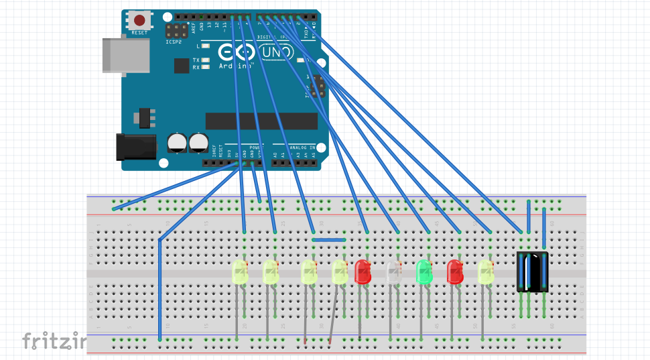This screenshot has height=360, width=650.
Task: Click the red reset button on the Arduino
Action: pos(139,21)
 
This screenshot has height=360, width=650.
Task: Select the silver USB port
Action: pos(126,55)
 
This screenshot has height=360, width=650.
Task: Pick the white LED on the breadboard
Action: pos(393,272)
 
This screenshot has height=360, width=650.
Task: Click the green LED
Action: pos(424,272)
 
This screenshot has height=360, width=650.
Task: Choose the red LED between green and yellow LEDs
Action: pos(455,272)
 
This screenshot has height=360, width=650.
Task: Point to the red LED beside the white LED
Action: pos(363,271)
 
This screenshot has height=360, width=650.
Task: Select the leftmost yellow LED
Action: pos(240,272)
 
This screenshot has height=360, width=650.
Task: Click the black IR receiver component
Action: pos(533,272)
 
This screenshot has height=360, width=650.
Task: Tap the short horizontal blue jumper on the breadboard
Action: pos(329,239)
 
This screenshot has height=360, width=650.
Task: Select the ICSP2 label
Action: pos(174,42)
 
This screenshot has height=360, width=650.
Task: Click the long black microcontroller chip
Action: pos(261,121)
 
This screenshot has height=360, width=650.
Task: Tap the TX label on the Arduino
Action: pos(196,60)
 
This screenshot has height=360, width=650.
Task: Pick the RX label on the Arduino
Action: pos(196,68)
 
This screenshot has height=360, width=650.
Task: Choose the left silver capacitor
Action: pos(177,141)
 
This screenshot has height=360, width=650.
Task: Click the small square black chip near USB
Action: pos(181,65)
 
